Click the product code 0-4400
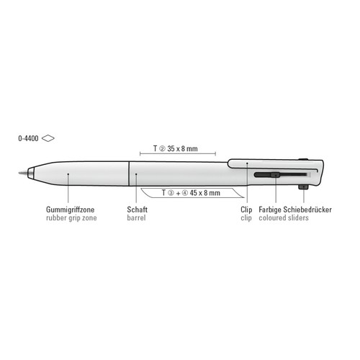click(x=28, y=138)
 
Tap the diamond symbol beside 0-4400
click(x=48, y=138)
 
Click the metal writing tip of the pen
click(x=23, y=173)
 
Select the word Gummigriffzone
click(x=70, y=210)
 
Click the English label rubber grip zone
click(x=71, y=218)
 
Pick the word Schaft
click(x=137, y=210)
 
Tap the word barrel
click(x=136, y=218)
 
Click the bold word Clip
click(x=246, y=210)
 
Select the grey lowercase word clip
click(x=246, y=218)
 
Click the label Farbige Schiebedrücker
click(x=295, y=210)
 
